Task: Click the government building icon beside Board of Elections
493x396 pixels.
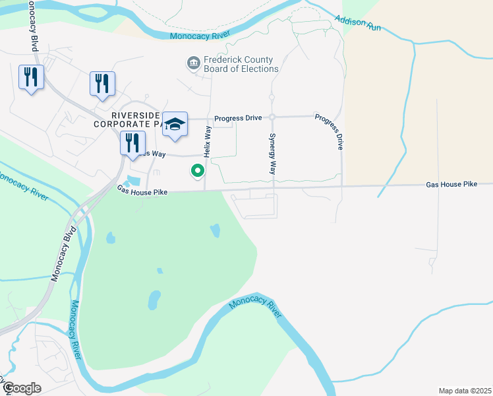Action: (193, 63)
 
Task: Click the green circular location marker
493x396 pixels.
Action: (197, 172)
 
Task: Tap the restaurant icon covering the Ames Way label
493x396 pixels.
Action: (132, 143)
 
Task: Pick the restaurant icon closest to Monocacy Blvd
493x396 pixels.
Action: (31, 77)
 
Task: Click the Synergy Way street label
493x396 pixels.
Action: (272, 154)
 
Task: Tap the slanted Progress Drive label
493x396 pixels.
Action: (330, 130)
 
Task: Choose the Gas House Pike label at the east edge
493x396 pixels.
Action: (451, 184)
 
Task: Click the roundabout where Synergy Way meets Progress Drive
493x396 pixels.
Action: (272, 117)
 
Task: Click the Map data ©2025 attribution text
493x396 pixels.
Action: (465, 391)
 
